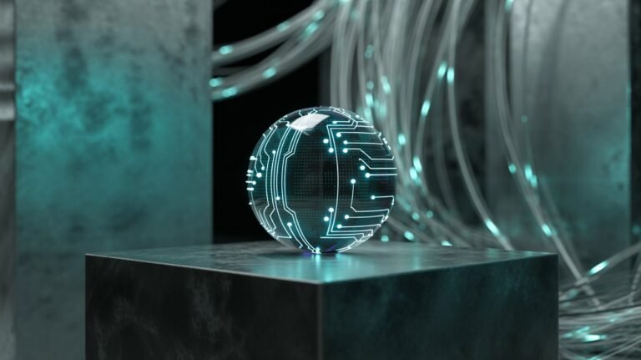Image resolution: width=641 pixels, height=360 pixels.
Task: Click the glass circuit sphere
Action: click(x=320, y=180)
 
